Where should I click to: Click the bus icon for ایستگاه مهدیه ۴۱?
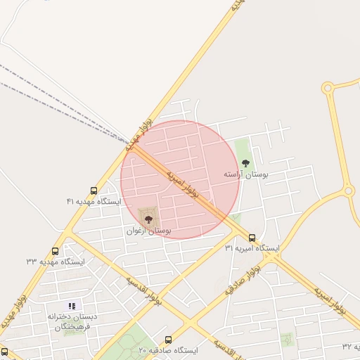94,191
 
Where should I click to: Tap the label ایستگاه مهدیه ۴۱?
94,202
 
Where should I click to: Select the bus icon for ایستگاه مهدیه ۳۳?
56,251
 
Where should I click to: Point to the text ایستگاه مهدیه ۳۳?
56,262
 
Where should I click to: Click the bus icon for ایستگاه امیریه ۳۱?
252,238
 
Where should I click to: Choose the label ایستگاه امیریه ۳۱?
252,249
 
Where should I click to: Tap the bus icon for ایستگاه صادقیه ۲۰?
168,340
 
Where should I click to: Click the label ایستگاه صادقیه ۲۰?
168,350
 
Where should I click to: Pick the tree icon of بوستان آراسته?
245,162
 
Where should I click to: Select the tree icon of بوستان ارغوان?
148,219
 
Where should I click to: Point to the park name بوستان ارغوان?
150,230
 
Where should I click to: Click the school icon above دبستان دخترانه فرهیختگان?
71,305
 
